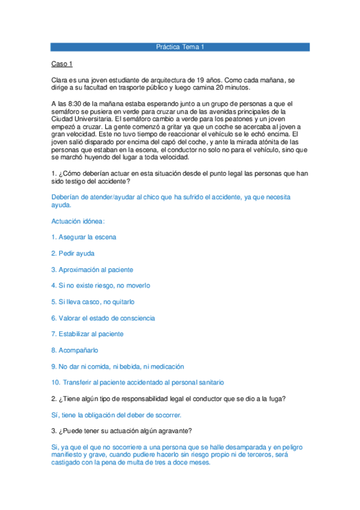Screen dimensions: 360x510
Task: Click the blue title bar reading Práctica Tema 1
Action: pos(180,46)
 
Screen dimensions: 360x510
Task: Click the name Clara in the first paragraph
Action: pos(61,80)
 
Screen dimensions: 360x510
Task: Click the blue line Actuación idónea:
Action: pos(79,221)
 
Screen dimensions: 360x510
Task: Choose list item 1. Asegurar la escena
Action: pos(84,237)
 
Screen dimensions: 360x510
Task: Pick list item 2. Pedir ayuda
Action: pos(73,253)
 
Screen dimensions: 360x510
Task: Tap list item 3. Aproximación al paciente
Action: pos(92,269)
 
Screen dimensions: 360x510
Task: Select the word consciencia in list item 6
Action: pos(135,318)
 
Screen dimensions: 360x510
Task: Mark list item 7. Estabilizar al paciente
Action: pos(87,334)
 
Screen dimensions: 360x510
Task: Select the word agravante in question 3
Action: pos(174,431)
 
